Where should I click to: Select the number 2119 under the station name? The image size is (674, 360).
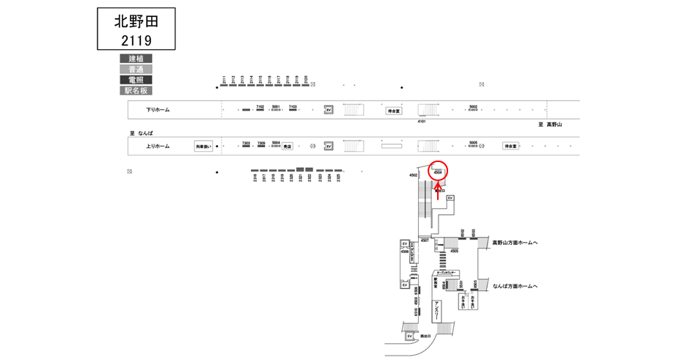tap(136, 40)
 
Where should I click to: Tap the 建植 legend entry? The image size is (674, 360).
tap(136, 59)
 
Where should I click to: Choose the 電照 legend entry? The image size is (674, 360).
tap(136, 80)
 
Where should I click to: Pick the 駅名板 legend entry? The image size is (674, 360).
tap(136, 91)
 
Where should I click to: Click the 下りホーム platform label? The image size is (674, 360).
tap(158, 110)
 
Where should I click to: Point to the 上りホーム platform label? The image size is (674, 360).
tap(158, 146)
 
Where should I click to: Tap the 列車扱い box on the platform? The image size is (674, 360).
tap(203, 147)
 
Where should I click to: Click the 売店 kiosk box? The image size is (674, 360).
tap(287, 146)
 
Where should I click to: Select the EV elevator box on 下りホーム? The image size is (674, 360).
tap(329, 110)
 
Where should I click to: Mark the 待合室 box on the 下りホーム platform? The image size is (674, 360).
tap(395, 111)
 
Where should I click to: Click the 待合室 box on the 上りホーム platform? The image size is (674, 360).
tap(510, 146)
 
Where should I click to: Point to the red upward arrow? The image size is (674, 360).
tap(438, 191)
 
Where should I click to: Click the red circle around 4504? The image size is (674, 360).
tap(438, 172)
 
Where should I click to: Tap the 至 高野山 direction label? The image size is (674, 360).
tap(549, 125)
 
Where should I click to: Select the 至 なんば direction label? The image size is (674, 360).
tap(142, 133)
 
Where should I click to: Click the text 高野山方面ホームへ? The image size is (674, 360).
tap(515, 242)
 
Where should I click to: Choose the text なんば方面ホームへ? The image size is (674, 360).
tap(515, 286)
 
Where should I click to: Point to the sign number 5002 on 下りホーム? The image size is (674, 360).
tap(473, 107)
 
